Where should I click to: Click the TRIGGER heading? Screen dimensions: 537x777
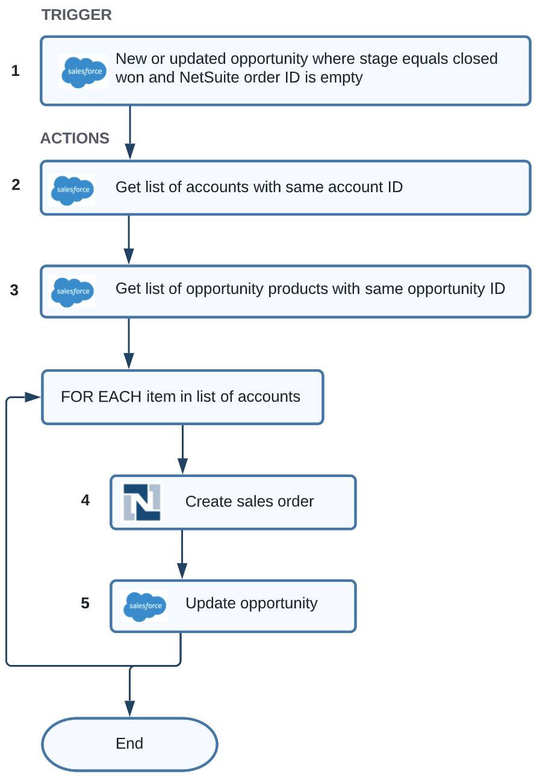click(76, 15)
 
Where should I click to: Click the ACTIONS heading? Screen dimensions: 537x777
click(75, 138)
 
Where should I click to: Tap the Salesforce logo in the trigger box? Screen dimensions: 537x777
click(83, 72)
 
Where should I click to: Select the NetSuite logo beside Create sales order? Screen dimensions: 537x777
click(142, 502)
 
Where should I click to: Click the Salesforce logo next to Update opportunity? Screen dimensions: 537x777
click(144, 607)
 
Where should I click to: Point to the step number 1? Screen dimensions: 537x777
click(15, 70)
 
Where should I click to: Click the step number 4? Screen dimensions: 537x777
click(85, 500)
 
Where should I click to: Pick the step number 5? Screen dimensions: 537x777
click(85, 603)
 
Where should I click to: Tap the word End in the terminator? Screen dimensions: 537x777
click(129, 743)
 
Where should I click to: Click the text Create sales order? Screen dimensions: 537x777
click(249, 501)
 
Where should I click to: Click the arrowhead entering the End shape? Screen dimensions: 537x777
click(129, 708)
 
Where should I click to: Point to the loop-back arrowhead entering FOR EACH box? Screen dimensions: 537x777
click(33, 397)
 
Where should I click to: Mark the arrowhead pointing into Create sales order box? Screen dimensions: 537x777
click(182, 466)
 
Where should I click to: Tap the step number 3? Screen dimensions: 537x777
click(14, 290)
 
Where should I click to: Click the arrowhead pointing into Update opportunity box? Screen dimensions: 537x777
click(182, 570)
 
